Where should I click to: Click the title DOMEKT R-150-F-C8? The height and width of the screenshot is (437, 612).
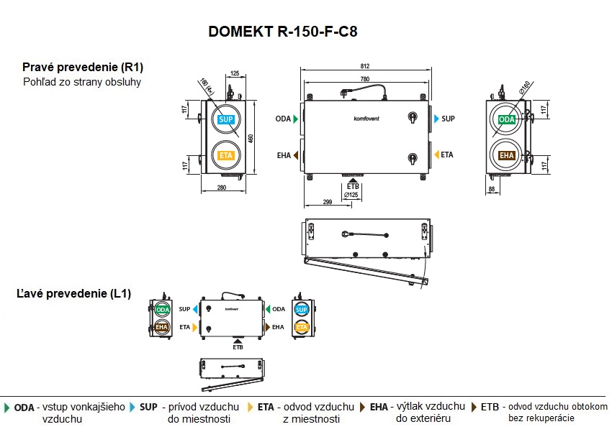(282, 32)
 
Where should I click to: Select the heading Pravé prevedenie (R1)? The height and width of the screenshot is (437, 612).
(83, 67)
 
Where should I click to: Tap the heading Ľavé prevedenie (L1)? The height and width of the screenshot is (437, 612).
(73, 294)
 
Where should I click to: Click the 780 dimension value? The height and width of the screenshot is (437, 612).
(366, 79)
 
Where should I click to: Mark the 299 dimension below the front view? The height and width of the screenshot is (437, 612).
(328, 203)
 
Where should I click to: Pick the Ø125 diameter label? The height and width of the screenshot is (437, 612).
(351, 195)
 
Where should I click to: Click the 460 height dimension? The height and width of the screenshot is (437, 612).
(251, 138)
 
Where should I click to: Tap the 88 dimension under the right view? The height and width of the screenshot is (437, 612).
(492, 189)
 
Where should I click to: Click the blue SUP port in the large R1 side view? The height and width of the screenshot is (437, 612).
(226, 119)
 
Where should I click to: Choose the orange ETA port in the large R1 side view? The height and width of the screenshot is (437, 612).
(226, 155)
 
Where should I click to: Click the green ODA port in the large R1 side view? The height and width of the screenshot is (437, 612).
(507, 119)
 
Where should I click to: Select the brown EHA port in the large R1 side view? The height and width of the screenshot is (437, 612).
(507, 155)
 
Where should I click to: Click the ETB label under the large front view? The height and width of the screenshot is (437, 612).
(353, 187)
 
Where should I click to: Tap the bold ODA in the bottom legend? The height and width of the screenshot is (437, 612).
(24, 407)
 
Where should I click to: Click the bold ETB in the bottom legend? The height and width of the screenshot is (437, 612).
(490, 407)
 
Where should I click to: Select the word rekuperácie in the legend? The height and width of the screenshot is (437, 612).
(552, 418)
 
